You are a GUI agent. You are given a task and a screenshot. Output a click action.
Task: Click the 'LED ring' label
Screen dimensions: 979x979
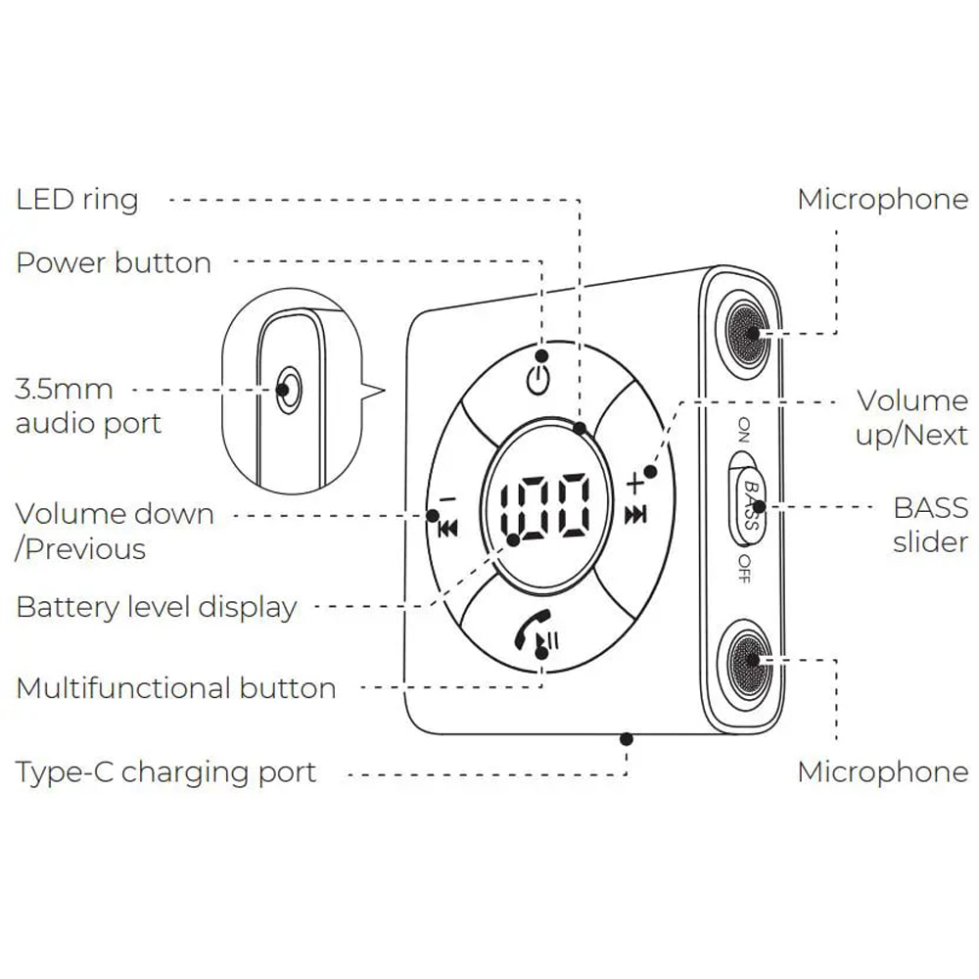[77, 200]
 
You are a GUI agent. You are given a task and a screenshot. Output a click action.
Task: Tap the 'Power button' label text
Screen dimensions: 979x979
[114, 263]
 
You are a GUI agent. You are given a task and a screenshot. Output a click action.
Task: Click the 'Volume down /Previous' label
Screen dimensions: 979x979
[114, 532]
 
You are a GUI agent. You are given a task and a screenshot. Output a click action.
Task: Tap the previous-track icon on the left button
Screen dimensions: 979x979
[448, 529]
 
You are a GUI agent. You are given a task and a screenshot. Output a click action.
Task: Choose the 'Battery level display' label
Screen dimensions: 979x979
[156, 607]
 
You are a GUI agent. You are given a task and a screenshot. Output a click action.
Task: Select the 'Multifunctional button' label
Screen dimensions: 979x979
[176, 688]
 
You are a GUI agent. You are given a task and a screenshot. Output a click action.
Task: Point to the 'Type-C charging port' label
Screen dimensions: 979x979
[166, 772]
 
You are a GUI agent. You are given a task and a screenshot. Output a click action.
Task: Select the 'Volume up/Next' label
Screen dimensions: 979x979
[911, 417]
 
